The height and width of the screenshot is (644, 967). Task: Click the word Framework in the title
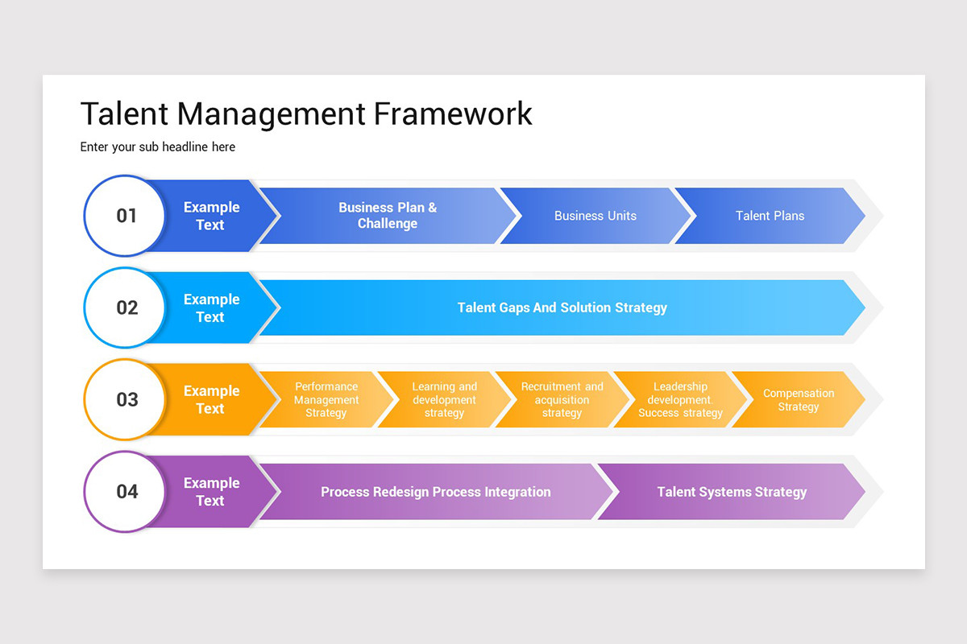click(453, 114)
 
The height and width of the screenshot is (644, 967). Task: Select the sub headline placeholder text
click(158, 147)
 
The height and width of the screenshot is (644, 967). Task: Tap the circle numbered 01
click(127, 216)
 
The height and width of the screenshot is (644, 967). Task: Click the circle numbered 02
click(127, 308)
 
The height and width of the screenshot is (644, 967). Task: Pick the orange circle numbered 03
click(127, 399)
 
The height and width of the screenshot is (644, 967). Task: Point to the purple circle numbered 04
click(127, 491)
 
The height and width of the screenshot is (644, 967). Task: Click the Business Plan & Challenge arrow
click(388, 216)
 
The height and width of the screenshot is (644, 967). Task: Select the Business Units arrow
click(596, 216)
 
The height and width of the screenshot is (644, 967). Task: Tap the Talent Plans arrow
click(770, 216)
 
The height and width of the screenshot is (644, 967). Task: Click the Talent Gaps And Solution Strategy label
click(562, 308)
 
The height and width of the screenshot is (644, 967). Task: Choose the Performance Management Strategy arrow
click(326, 399)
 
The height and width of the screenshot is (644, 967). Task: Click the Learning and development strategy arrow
click(444, 399)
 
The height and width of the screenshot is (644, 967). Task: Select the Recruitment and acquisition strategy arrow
click(562, 399)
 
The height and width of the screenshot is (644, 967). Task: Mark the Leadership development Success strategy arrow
click(680, 399)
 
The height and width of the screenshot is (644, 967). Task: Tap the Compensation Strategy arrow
click(798, 399)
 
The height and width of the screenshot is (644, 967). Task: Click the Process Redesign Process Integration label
click(436, 492)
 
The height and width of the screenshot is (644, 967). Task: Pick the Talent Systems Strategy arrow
click(732, 492)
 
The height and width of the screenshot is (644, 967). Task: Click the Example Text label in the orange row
click(211, 399)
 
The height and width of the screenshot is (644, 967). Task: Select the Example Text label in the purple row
click(211, 491)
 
